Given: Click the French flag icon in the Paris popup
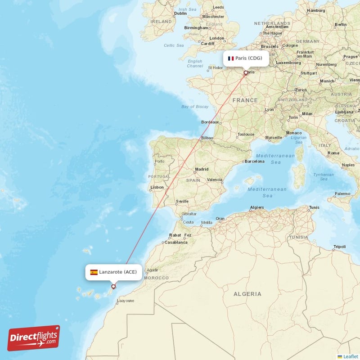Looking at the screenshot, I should point(231,58).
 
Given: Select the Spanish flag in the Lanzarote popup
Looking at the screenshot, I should point(94,272).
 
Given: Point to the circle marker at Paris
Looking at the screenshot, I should point(246,72).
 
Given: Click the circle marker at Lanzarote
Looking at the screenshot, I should point(113,286).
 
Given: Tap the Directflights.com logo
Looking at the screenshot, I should point(34,338).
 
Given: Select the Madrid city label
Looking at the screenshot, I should point(202,170).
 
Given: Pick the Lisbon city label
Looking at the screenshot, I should point(157,187).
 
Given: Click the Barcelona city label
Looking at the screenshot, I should point(254,161).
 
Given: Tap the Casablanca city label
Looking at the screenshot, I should point(176,242).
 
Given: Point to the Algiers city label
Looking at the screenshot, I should point(256,207).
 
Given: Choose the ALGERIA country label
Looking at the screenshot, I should point(247,294).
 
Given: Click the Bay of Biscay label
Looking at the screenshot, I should point(195,107).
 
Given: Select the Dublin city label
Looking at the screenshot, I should point(180,13).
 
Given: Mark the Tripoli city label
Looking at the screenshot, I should point(339,247).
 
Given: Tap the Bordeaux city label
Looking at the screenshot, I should point(210,122).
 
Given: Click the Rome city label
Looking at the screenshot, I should point(333,153).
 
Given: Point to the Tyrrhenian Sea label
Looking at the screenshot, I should point(324,176).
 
